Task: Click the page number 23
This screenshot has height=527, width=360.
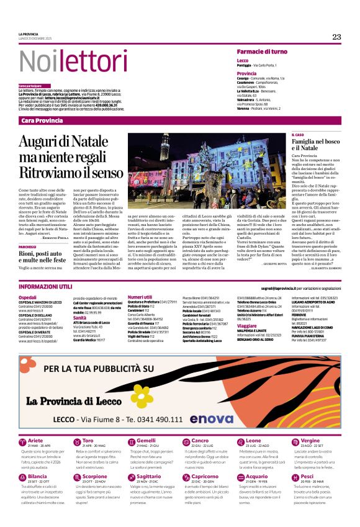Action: pyautogui.click(x=336, y=37)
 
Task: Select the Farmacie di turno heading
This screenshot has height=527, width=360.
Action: pyautogui.click(x=261, y=51)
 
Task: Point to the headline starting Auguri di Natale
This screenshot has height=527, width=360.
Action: pyautogui.click(x=71, y=156)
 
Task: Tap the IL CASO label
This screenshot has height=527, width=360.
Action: pyautogui.click(x=298, y=135)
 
